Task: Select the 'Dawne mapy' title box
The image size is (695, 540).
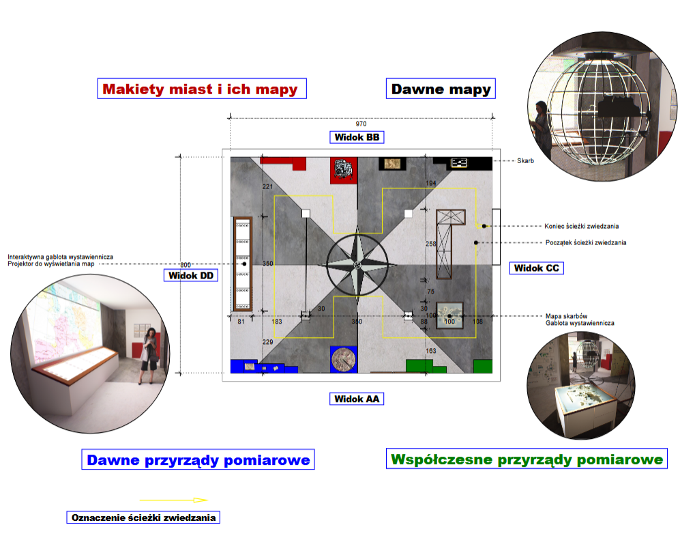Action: click(x=441, y=89)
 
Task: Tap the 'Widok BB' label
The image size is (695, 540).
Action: click(x=357, y=137)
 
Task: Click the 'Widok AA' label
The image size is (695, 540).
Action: click(x=357, y=399)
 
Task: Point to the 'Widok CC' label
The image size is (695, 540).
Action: click(x=536, y=268)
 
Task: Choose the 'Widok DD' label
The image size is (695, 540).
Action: click(x=190, y=276)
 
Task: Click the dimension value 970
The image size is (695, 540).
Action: click(x=361, y=124)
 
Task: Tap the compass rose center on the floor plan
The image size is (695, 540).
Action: click(x=357, y=265)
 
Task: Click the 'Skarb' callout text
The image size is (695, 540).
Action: click(x=525, y=160)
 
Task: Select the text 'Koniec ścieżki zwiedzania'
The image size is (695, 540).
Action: click(x=582, y=226)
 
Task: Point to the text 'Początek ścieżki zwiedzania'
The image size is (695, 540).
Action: click(x=586, y=243)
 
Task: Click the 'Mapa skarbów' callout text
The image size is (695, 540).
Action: click(x=567, y=316)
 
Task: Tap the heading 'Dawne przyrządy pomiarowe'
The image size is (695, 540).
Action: click(x=198, y=459)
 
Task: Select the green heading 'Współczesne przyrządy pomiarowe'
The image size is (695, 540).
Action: click(x=527, y=459)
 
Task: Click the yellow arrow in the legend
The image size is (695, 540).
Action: click(x=174, y=500)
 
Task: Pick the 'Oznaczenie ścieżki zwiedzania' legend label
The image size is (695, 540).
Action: click(x=143, y=517)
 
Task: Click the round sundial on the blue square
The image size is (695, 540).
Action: click(x=344, y=360)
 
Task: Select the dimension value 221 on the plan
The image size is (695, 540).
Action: click(x=268, y=186)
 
